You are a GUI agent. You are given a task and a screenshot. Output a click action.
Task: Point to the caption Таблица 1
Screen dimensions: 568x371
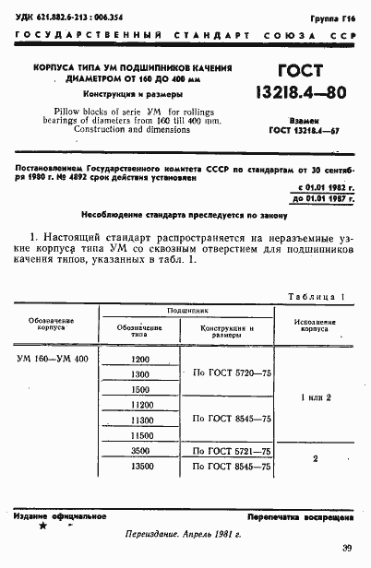pos(317,297)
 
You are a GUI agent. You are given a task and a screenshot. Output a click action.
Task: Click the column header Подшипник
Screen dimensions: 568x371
pos(186,312)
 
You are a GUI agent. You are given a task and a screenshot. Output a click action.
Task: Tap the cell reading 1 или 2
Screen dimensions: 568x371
pos(315,396)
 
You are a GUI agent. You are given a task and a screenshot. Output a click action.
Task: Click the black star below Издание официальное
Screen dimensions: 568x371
pos(42,526)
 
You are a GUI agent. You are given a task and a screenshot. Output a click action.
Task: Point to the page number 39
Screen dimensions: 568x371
pos(346,549)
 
